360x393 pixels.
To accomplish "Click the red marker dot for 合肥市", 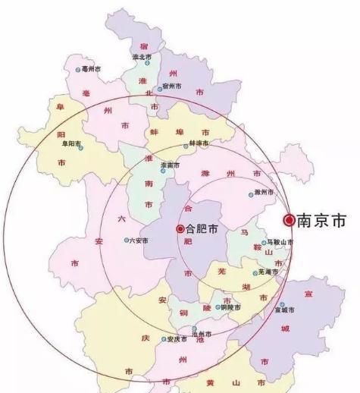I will click(x=180, y=228).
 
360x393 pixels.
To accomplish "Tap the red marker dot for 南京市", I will click(x=289, y=220).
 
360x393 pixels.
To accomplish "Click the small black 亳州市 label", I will click(x=91, y=69).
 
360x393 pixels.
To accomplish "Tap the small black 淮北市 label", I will click(x=142, y=57).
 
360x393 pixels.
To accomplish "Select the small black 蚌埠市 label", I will click(x=199, y=143).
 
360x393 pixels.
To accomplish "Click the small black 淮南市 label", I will click(x=171, y=165).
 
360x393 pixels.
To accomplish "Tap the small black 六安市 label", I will click(x=139, y=241).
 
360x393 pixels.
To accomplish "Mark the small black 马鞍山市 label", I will click(x=280, y=242).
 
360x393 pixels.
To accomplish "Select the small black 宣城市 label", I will click(x=287, y=310).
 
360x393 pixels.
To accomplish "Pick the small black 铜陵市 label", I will click(x=230, y=307).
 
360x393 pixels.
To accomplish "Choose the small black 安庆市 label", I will click(x=176, y=338).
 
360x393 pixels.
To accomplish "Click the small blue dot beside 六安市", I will click(x=127, y=241).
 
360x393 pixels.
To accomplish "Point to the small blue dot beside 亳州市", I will click(x=78, y=70).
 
